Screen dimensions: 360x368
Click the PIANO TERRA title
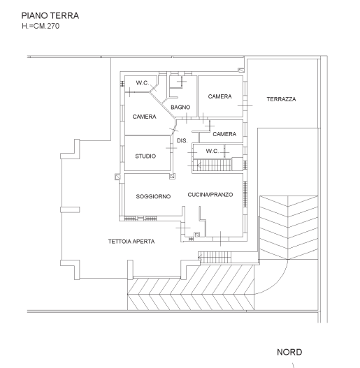[50, 16]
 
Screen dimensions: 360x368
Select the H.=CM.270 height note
[41, 26]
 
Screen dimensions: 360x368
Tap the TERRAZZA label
[281, 99]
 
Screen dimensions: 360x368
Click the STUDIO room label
[145, 156]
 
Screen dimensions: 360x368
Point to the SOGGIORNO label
[153, 196]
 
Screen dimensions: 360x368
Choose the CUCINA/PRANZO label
[210, 195]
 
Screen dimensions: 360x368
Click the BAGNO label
[180, 108]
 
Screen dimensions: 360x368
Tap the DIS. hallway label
[182, 140]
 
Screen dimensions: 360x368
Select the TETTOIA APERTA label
[131, 242]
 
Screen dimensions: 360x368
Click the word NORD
[289, 352]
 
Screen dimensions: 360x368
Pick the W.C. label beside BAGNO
[143, 83]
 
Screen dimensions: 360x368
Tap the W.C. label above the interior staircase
[213, 151]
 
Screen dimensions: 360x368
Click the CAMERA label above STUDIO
[144, 117]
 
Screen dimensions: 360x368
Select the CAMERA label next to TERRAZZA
[220, 96]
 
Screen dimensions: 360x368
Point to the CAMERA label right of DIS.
[224, 134]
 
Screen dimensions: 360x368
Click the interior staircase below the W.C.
[213, 165]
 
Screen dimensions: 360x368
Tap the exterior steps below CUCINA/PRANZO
[215, 258]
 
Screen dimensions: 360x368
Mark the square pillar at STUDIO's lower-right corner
[172, 176]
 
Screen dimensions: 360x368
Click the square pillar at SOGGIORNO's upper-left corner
[117, 177]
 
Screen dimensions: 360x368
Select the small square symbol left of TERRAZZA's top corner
[241, 70]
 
